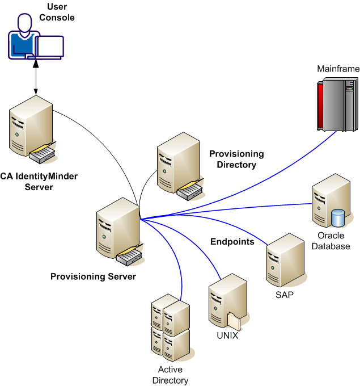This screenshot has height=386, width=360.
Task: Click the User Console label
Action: [x=57, y=12]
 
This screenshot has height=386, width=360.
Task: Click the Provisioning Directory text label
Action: [x=236, y=159]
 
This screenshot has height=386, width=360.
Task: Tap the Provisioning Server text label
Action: [x=94, y=276]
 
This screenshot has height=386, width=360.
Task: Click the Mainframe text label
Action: [x=338, y=69]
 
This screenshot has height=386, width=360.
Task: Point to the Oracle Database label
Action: [x=334, y=241]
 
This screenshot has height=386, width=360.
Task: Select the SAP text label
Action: [x=284, y=295]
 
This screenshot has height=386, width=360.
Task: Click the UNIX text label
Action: [x=227, y=335]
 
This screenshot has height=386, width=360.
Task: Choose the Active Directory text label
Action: [x=170, y=375]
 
